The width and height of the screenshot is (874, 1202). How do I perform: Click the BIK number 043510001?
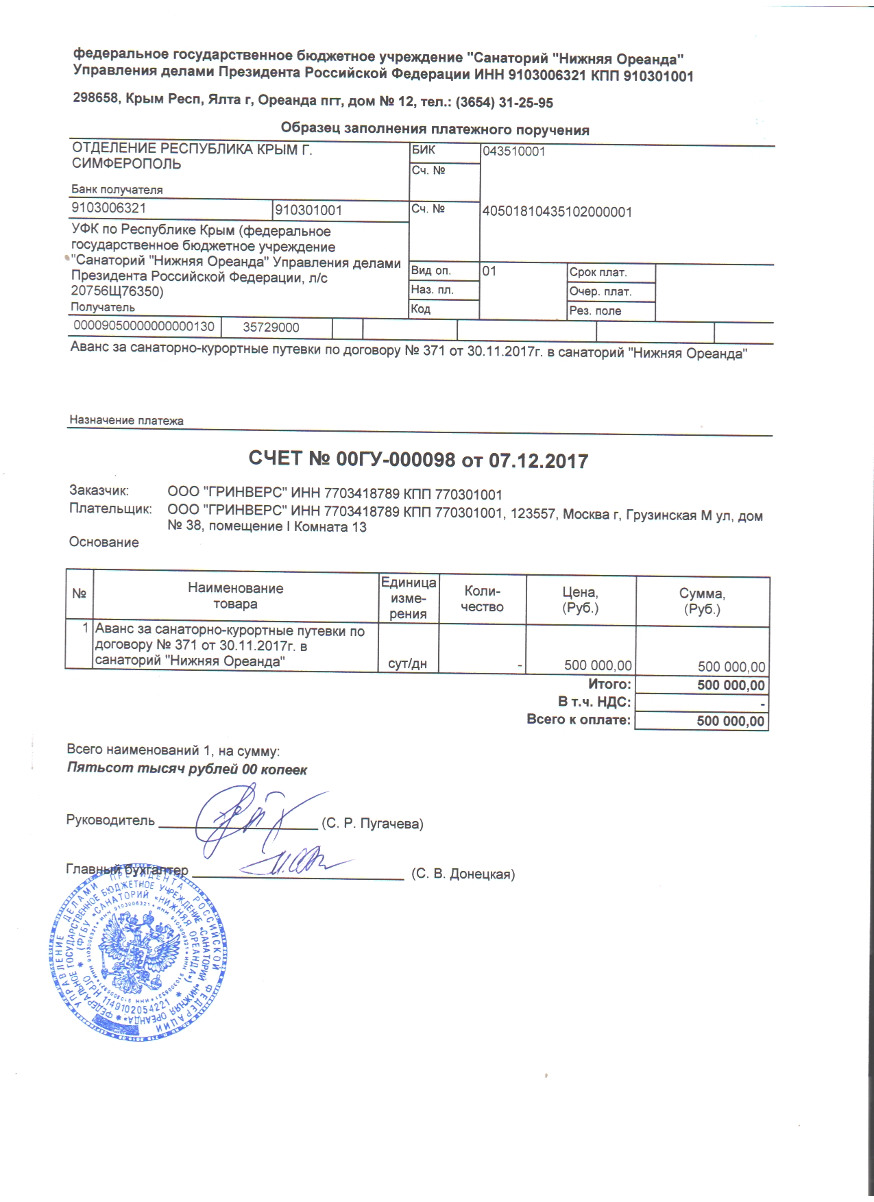click(x=513, y=151)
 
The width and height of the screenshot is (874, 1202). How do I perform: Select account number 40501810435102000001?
click(x=557, y=212)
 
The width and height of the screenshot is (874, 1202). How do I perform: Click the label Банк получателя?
click(x=117, y=190)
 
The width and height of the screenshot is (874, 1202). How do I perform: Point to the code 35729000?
click(x=271, y=328)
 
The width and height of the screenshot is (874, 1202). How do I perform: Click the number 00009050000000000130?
click(x=143, y=327)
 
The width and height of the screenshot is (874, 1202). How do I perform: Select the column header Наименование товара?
click(x=235, y=596)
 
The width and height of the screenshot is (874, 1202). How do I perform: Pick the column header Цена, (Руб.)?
click(x=580, y=600)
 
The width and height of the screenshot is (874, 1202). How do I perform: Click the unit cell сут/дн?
click(x=407, y=664)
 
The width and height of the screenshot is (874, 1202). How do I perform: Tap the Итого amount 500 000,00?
click(x=730, y=685)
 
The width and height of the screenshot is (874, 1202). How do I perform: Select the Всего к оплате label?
click(x=578, y=720)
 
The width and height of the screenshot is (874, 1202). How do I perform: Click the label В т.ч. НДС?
click(x=594, y=702)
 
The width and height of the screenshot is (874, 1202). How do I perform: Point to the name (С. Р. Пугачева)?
click(x=372, y=824)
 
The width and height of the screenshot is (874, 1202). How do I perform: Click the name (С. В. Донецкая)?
click(x=463, y=874)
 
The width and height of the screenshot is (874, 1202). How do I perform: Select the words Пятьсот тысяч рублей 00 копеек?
click(x=186, y=769)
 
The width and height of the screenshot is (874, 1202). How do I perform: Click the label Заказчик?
click(x=99, y=491)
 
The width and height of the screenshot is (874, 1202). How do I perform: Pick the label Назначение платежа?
click(x=126, y=421)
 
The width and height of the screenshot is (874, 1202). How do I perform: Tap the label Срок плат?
click(x=598, y=273)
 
